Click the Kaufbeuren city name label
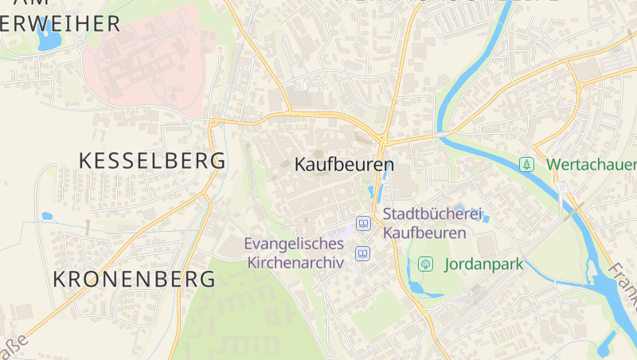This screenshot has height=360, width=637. click(344, 165)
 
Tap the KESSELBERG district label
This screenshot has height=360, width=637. click(152, 160)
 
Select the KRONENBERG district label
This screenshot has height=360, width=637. click(134, 279)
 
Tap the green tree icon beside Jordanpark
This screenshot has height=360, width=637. click(425, 264)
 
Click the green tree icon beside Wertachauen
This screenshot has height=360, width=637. click(526, 165)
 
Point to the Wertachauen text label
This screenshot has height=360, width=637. click(591, 165)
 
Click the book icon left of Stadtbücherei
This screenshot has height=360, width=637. click(363, 224)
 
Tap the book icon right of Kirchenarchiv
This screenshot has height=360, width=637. click(362, 254)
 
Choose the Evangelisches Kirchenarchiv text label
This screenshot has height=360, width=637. click(295, 252)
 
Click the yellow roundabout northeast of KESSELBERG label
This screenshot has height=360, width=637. click(213, 122)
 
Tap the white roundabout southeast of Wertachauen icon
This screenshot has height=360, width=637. click(562, 188)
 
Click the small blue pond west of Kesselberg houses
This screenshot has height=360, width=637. click(47, 216)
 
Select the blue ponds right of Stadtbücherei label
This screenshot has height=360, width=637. click(479, 213)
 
